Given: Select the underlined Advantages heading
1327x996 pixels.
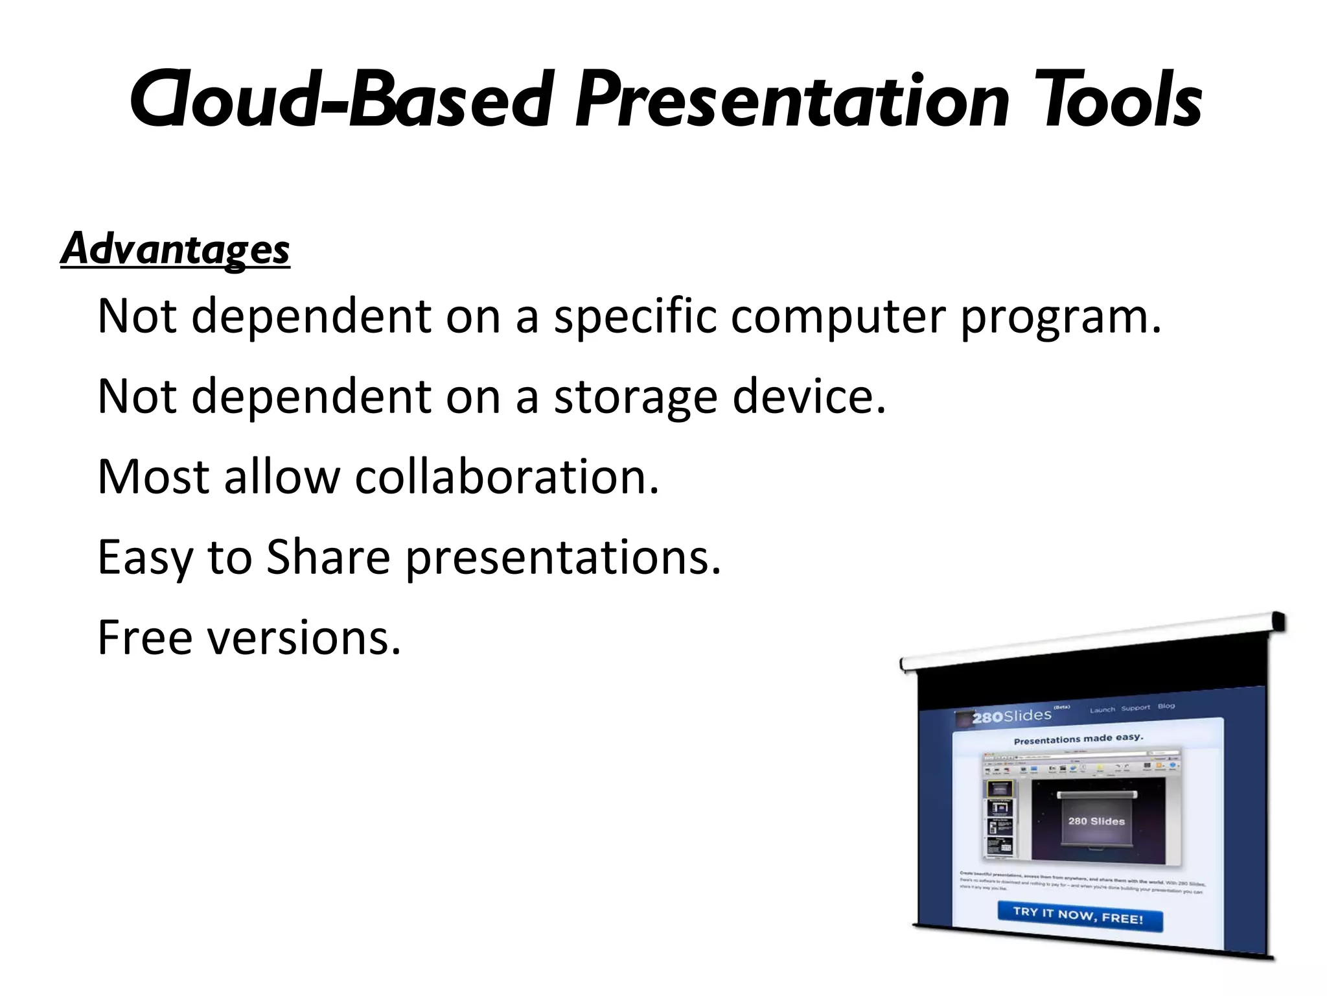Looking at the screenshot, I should (x=175, y=249).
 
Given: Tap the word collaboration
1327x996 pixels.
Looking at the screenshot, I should (x=507, y=477).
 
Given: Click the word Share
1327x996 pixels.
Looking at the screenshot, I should (x=329, y=557).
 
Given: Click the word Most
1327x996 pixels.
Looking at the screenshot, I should (x=153, y=477).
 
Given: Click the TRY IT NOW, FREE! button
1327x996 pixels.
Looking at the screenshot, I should (x=1078, y=916).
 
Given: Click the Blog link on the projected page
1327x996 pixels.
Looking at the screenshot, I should (x=1166, y=706).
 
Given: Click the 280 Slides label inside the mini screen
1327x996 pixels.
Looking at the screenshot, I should (x=1096, y=821).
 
